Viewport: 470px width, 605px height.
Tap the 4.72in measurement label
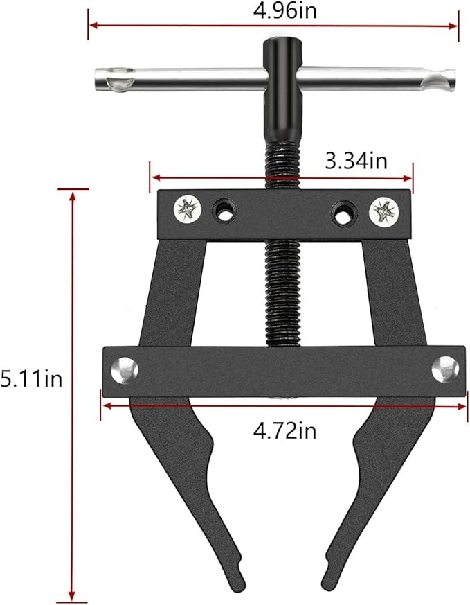(284, 430)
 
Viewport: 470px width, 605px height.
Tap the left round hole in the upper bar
(224, 211)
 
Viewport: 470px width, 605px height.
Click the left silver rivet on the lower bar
(125, 369)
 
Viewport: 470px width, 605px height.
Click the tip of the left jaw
(238, 579)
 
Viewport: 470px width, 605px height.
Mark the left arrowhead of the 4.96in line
(91, 26)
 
